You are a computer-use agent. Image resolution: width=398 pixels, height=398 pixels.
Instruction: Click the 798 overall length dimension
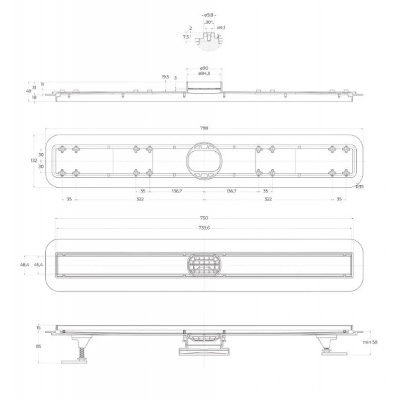pyautogui.click(x=204, y=127)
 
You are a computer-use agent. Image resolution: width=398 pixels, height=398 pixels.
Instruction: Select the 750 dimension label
pyautogui.click(x=204, y=218)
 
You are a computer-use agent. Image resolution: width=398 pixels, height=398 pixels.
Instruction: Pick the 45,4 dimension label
pyautogui.click(x=39, y=265)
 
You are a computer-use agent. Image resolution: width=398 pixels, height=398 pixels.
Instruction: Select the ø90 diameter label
pyautogui.click(x=204, y=68)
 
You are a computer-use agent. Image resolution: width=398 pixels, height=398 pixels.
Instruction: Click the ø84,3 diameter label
pyautogui.click(x=204, y=74)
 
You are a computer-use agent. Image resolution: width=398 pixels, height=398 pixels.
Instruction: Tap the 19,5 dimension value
pyautogui.click(x=165, y=77)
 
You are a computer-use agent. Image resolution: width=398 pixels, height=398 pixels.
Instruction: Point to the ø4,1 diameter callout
pyautogui.click(x=221, y=27)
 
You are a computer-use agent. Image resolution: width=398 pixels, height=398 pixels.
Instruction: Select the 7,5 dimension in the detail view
pyautogui.click(x=186, y=37)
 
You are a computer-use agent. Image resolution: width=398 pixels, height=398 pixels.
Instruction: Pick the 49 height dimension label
pyautogui.click(x=29, y=90)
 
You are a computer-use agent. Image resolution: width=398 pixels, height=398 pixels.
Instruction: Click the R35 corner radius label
pyautogui.click(x=359, y=186)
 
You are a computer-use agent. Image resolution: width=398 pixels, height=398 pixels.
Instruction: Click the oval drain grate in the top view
pyautogui.click(x=203, y=265)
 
